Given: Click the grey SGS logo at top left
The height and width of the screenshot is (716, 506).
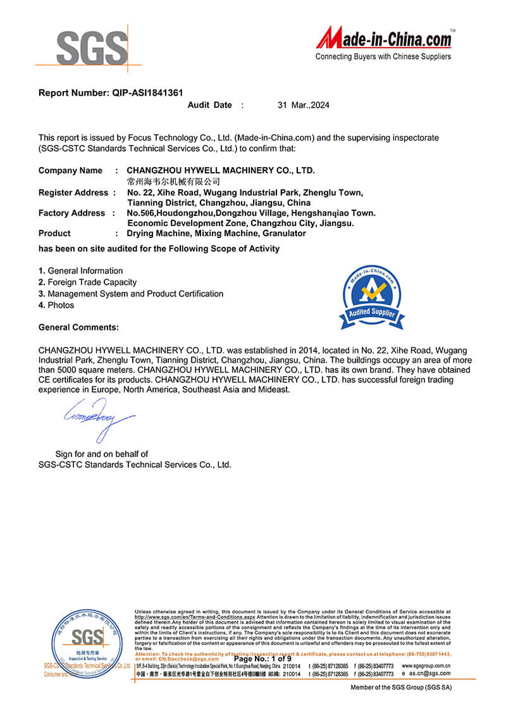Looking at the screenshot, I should tap(92, 47).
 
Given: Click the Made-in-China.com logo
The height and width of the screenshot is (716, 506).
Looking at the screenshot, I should tap(385, 39).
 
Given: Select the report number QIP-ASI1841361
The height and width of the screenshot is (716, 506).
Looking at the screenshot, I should tap(148, 92).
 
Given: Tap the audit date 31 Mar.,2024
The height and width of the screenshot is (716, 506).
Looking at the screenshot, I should tap(304, 105).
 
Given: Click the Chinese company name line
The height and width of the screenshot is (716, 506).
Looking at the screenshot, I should tap(173, 181).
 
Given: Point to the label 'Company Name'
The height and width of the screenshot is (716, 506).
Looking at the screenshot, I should tap(70, 170).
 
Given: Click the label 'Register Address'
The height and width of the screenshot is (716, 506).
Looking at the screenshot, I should tap(73, 192).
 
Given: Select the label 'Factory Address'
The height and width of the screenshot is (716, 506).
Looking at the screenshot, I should tap(71, 213).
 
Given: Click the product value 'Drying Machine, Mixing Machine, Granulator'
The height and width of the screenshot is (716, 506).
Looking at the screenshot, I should tap(207, 234).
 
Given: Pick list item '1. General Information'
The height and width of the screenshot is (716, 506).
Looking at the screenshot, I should tap(81, 271).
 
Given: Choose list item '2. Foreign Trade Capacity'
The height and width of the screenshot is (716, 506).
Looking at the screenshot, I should tap(87, 282).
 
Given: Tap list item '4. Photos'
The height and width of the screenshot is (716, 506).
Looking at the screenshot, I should tap(56, 305).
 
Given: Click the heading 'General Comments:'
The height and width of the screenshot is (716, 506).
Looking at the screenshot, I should tap(78, 327).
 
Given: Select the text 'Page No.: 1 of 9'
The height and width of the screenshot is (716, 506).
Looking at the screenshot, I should tap(262, 659).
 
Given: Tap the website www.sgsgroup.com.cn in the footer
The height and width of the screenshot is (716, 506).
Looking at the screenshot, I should tap(426, 666).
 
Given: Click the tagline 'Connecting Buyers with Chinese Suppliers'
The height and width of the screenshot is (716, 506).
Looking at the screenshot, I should tap(383, 57).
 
